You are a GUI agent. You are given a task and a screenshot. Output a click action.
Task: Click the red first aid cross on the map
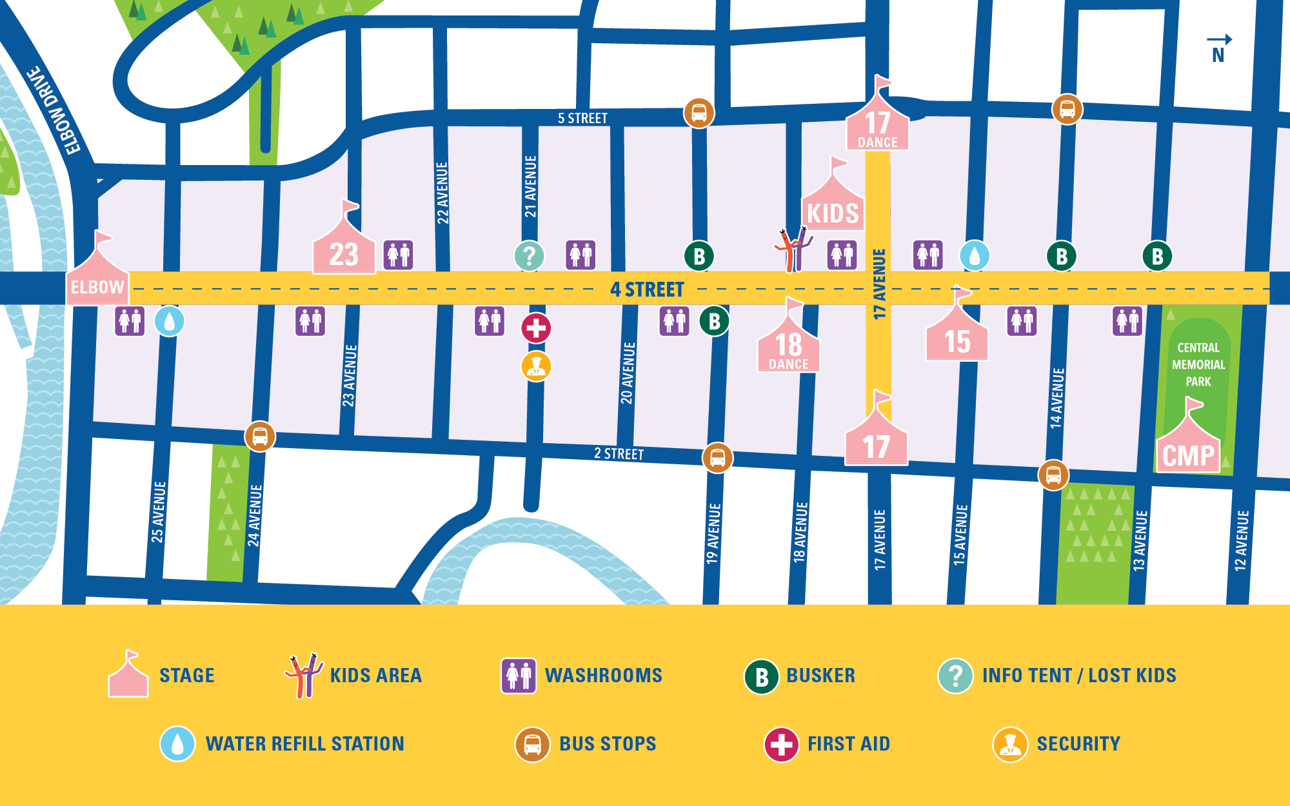(x=536, y=328)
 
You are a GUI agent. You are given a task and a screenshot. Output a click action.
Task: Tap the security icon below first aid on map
(x=536, y=366)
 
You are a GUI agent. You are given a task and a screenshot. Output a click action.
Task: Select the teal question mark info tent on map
(x=529, y=256)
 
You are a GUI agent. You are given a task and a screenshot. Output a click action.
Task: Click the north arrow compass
(x=1218, y=48)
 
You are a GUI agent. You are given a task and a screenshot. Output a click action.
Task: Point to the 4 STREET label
(x=647, y=290)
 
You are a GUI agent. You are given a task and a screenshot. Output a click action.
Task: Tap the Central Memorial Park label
(x=1198, y=364)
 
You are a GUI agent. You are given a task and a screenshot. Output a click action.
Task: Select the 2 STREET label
(x=619, y=454)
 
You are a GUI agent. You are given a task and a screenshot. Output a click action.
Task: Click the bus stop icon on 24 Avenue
(x=260, y=437)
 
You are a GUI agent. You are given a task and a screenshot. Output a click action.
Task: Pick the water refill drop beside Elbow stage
(x=170, y=321)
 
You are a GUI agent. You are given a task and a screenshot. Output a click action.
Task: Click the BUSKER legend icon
(x=761, y=676)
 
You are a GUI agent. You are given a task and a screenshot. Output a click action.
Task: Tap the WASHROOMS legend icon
(x=519, y=676)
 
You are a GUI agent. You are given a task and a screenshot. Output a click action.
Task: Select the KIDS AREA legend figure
(x=303, y=675)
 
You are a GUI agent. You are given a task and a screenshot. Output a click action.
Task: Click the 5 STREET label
(x=582, y=119)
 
